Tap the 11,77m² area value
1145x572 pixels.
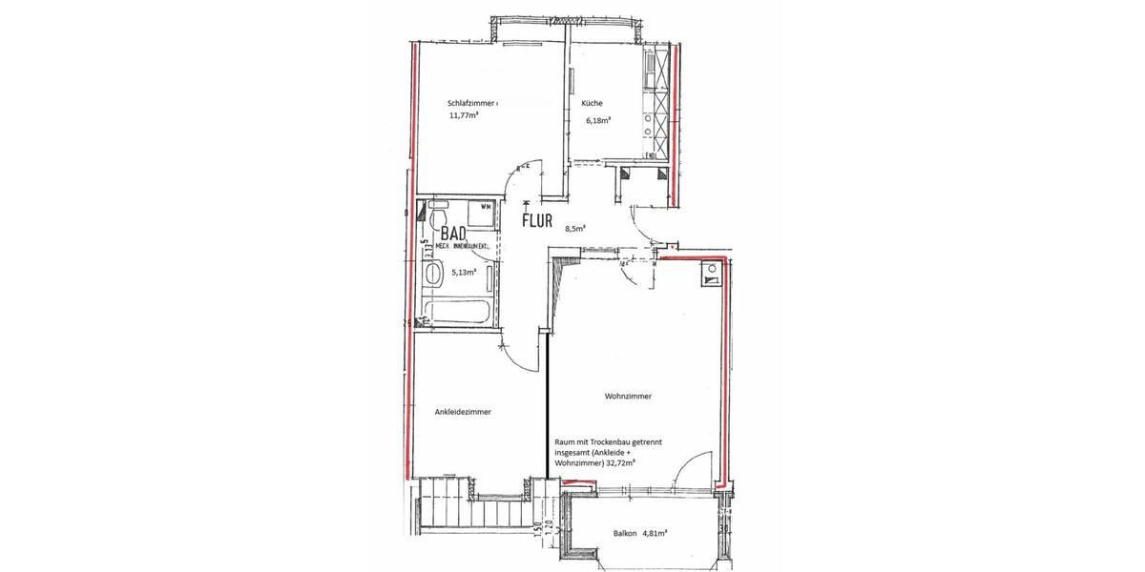click(x=464, y=116)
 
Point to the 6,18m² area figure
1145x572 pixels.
click(x=598, y=121)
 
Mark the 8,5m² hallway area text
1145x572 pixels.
click(x=575, y=229)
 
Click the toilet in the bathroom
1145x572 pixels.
click(x=440, y=218)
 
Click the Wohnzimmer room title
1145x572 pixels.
click(x=628, y=396)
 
